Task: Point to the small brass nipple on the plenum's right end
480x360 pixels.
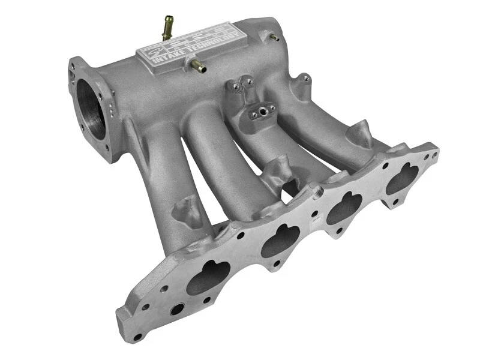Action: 274,38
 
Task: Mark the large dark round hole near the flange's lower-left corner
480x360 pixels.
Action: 177,310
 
